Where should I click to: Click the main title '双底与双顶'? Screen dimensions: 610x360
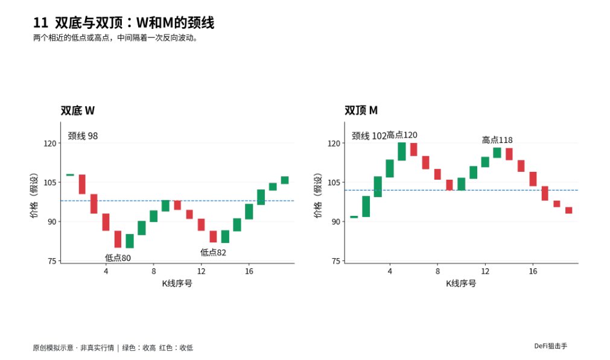coord(89,22)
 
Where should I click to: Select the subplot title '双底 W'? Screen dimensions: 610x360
coord(77,111)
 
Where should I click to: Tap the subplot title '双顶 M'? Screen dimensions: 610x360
coord(361,110)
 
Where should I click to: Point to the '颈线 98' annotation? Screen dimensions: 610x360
coord(83,136)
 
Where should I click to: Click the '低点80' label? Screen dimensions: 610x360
coord(118,257)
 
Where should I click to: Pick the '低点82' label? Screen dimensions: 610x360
coord(213,252)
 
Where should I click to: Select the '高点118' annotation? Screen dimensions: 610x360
coord(497,139)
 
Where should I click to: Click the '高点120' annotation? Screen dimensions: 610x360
coord(402,135)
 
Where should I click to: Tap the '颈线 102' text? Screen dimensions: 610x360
coord(369,136)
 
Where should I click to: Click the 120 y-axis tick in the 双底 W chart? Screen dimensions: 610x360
coord(50,144)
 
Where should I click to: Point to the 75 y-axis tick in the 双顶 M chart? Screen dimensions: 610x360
coord(336,261)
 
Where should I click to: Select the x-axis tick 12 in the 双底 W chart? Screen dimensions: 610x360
coord(201,271)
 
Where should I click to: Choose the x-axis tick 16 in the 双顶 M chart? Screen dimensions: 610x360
coord(533,271)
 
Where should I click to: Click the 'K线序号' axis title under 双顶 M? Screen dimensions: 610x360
coord(461,283)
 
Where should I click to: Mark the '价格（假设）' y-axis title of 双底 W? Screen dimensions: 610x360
coord(34,195)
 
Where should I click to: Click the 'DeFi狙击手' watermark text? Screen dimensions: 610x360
coord(550,346)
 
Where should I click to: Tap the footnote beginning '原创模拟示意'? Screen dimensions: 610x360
coord(113,347)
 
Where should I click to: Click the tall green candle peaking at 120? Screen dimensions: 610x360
coord(402,151)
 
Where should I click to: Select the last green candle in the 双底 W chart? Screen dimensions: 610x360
coord(285,180)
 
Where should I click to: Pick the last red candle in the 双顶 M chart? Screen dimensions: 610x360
coord(569,210)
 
